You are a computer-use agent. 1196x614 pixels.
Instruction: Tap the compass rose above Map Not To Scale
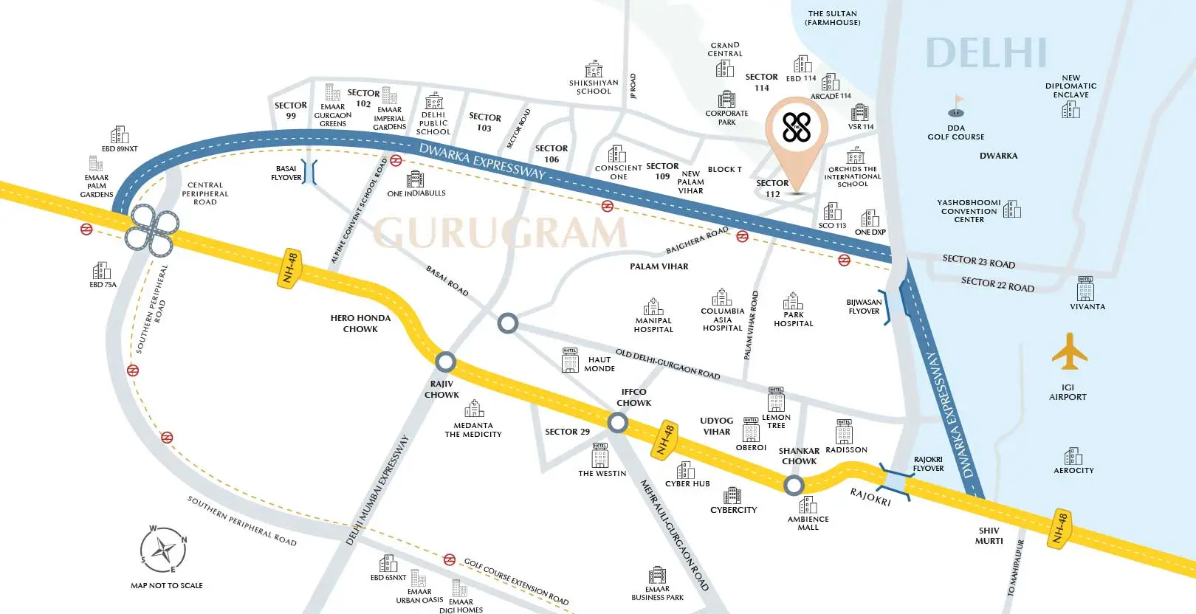coord(163,551)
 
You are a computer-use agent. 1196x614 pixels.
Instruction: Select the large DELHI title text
coord(986,53)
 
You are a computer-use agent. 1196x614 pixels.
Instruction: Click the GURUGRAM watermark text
coord(500,232)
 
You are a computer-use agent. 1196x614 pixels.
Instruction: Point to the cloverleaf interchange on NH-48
coord(149,230)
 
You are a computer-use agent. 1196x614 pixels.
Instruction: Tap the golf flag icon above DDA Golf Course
coord(957,106)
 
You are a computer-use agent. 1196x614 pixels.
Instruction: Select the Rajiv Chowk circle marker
coord(445,362)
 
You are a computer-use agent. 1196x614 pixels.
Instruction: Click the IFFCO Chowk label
coord(633,398)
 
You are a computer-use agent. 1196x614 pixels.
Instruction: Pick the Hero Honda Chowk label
coord(360,323)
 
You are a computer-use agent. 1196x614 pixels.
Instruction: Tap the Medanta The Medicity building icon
coord(474,408)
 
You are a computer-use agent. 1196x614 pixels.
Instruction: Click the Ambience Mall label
coord(808,523)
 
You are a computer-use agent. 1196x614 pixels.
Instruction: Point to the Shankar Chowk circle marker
coord(794,485)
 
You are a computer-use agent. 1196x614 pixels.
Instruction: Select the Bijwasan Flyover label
coord(864,306)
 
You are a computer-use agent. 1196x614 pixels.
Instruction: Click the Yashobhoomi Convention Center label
coord(969,211)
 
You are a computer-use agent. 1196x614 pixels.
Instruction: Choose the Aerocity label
coord(1073,470)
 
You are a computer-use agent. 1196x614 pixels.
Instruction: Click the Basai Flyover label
coord(286,173)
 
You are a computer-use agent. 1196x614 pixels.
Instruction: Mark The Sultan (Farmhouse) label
coord(832,18)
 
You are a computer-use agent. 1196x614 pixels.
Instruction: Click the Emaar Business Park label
coord(657,593)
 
